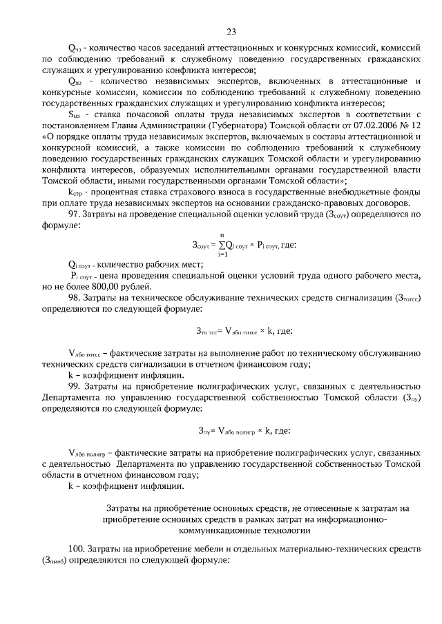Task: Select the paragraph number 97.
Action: coord(76,215)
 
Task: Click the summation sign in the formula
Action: coord(224,244)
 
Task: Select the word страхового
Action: coord(186,191)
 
